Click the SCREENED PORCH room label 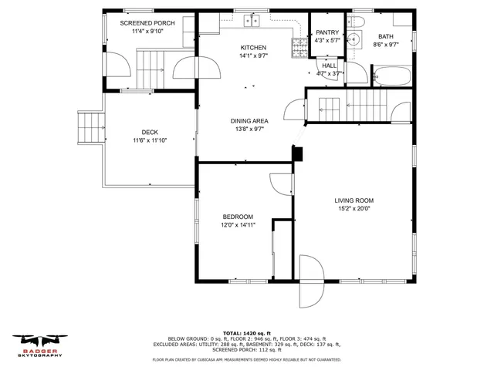(x=147, y=23)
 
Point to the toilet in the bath (x=357, y=21)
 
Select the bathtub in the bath (x=392, y=76)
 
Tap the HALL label (x=330, y=66)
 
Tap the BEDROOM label (x=238, y=217)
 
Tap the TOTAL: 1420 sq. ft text (x=247, y=331)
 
